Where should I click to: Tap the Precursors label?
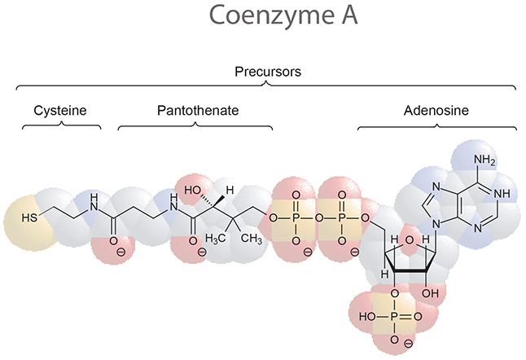point(263,72)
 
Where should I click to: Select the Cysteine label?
point(60,111)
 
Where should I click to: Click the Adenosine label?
point(436,111)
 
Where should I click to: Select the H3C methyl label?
point(215,238)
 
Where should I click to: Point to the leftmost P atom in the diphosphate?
point(295,219)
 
